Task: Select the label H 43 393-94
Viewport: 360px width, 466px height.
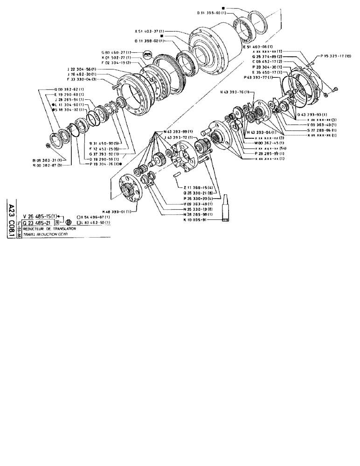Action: (262, 133)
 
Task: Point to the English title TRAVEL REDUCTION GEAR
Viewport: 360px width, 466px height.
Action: (46, 235)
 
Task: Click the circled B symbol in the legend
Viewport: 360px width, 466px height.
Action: (69, 223)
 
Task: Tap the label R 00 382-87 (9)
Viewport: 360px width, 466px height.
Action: (48, 164)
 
